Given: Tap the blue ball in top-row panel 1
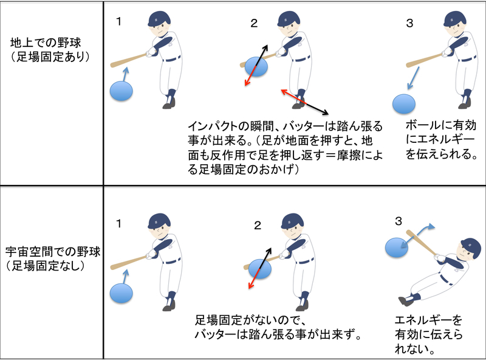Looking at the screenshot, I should tap(122, 91).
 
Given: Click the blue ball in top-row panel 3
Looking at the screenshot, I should tap(403, 103).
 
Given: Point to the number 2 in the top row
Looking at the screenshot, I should tap(254, 24).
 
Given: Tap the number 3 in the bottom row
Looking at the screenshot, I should tap(399, 222).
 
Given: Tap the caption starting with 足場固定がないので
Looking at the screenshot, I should tap(276, 328).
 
